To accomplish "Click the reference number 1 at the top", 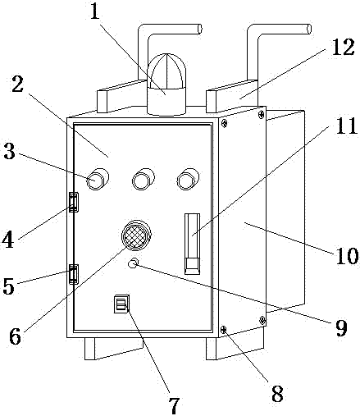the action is click(94, 11).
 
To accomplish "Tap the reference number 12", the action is click(343, 47).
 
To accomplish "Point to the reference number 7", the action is click(174, 405).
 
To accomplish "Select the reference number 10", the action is click(347, 255).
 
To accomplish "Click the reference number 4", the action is click(8, 240).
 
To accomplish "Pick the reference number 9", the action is click(341, 327).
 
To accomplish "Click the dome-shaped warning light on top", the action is click(166, 85).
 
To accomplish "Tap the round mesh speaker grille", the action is click(136, 235).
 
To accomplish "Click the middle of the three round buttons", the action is click(143, 179).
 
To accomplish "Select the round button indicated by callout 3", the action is click(98, 179).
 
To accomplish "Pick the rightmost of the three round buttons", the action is click(188, 179).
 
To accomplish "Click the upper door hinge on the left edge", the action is click(73, 202).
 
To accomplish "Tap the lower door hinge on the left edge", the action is click(73, 274).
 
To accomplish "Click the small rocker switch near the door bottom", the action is click(121, 304).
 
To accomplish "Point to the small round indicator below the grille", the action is click(133, 263).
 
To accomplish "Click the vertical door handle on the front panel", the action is click(193, 244).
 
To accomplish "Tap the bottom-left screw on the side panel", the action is click(224, 330).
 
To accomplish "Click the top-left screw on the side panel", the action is click(224, 124).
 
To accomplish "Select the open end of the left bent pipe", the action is click(200, 29).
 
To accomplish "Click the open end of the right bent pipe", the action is click(309, 29).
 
